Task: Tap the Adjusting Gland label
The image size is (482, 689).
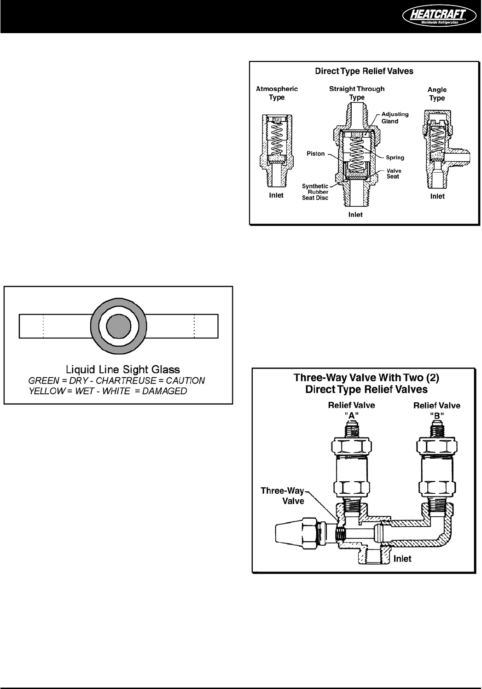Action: [x=395, y=117]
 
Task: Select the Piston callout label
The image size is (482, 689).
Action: [x=315, y=153]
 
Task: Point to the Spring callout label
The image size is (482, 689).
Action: [x=395, y=158]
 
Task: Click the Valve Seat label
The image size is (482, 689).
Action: [x=393, y=174]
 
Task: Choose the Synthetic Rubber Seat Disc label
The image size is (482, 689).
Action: [x=315, y=192]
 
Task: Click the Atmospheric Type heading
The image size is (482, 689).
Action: [x=277, y=93]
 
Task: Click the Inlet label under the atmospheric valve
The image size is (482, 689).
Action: [x=276, y=195]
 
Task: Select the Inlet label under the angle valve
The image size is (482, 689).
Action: [x=437, y=196]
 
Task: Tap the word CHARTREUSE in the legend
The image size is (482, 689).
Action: [x=122, y=381]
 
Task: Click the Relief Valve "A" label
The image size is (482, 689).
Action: [x=352, y=409]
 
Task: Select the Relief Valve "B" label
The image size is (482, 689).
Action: [x=436, y=409]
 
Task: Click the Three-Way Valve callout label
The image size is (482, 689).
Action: [x=283, y=496]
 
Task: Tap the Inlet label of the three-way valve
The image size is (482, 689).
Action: [x=402, y=559]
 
